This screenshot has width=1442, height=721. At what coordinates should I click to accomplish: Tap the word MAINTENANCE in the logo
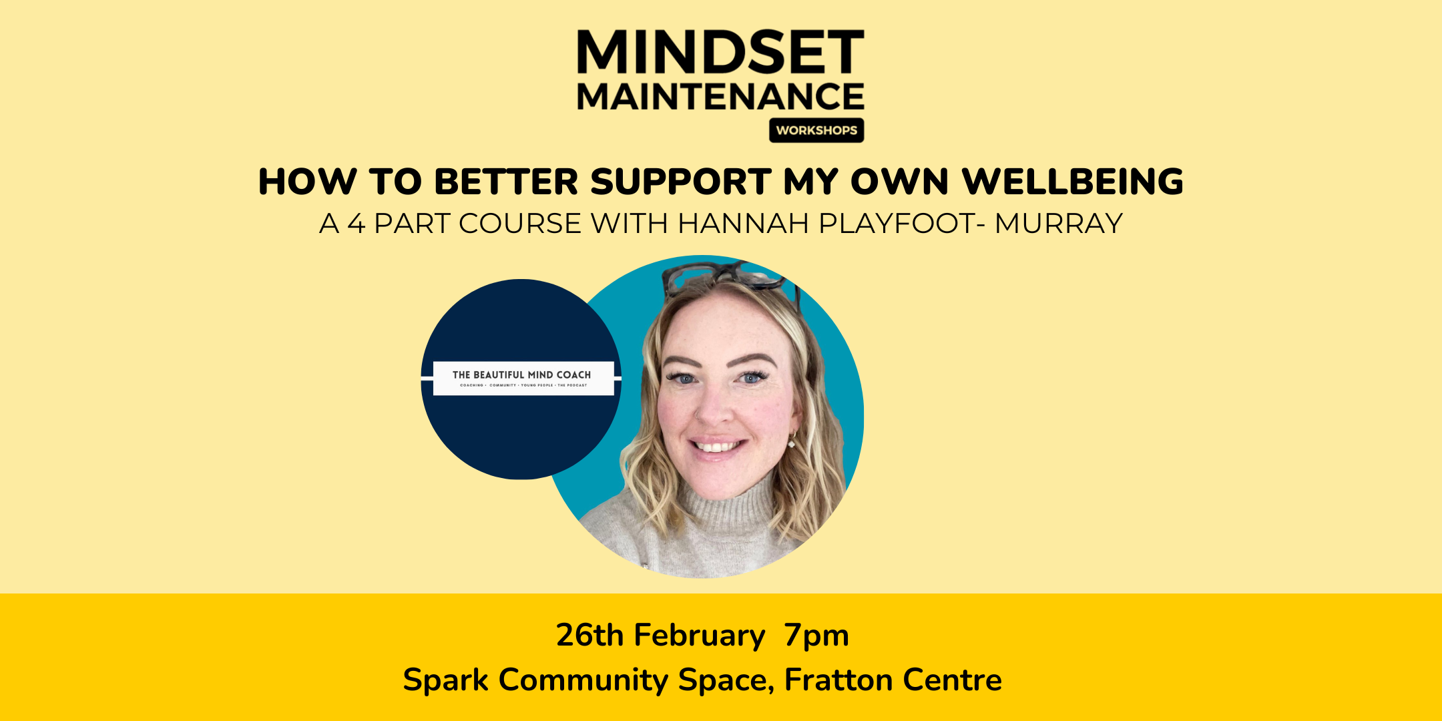pos(720,97)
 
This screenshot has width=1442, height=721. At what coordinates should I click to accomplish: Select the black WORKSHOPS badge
pos(816,130)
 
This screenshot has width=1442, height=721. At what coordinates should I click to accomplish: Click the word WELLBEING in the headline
pos(1073,182)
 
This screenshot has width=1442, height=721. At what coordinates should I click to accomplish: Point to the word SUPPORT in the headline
pos(681,182)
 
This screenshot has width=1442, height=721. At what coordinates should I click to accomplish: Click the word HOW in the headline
pos(307,182)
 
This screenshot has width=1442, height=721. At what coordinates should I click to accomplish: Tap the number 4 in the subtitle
pos(356,224)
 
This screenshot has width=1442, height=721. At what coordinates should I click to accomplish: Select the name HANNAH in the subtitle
pos(743,224)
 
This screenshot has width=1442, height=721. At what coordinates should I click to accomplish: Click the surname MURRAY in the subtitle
pos(1058,224)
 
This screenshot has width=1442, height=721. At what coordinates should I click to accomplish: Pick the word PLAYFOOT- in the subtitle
pos(901,224)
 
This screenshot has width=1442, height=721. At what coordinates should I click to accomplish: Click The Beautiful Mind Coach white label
pos(523,378)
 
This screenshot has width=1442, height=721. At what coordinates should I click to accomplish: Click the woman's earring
pos(792,441)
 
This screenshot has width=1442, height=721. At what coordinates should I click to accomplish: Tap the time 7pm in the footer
pos(816,635)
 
